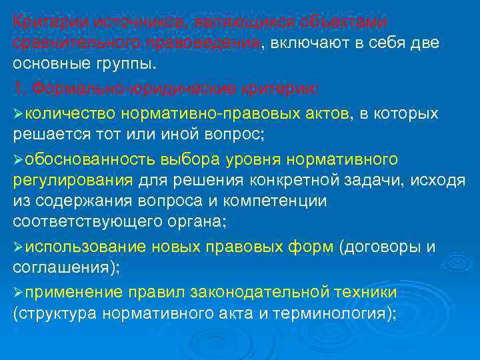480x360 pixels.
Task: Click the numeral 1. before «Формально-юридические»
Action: tap(19, 89)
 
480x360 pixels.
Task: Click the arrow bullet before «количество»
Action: tap(19, 114)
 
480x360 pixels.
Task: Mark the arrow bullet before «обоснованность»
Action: tap(19, 160)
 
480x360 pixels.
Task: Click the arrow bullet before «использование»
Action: tap(19, 248)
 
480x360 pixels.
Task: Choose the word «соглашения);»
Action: tap(64, 268)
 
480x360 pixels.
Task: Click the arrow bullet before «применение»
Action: tap(19, 293)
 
